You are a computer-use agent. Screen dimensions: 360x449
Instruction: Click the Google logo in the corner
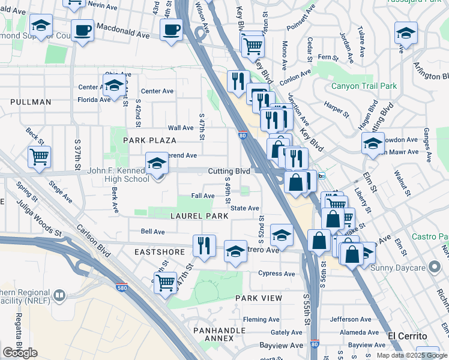point(20,353)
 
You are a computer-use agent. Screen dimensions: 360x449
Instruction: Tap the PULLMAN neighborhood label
point(31,102)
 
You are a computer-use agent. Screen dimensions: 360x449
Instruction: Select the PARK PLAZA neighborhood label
point(149,140)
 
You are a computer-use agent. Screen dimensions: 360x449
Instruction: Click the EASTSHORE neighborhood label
point(158,253)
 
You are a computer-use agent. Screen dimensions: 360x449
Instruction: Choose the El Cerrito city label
point(407,335)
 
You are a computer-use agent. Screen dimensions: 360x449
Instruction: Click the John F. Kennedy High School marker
point(157,164)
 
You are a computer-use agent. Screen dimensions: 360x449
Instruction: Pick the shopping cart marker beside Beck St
point(39,157)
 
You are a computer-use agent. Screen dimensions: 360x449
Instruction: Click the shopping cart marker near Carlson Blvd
point(165,282)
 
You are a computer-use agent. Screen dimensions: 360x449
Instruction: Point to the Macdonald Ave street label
point(124,35)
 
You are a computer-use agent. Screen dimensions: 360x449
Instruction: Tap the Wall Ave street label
point(180,128)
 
